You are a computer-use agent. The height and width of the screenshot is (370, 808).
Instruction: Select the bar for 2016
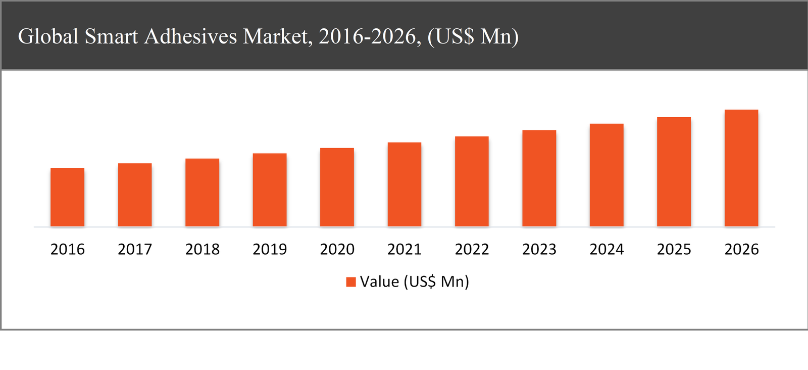coord(67,197)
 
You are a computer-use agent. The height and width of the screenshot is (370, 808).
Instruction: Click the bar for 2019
coord(270,190)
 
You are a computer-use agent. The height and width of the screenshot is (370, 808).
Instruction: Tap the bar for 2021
coord(405,184)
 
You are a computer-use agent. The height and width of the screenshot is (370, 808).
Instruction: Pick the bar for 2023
coord(539,178)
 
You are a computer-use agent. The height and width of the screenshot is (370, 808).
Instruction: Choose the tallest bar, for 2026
coord(741,168)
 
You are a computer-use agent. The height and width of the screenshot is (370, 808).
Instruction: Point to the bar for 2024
coord(607,175)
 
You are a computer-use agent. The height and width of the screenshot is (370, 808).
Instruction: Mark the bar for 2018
coord(202,193)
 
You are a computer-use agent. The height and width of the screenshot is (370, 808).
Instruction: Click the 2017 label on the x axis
coord(135,249)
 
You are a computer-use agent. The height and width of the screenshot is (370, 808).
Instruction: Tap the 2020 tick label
coord(337,249)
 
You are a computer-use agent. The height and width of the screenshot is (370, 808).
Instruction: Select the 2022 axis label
coord(472,249)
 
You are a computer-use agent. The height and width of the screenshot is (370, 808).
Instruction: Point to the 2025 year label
coord(674,249)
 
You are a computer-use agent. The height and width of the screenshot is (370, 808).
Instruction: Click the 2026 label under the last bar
coord(741,249)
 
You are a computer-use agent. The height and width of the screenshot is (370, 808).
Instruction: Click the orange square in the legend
coord(351,282)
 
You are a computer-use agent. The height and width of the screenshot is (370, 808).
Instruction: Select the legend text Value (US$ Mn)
coord(415,282)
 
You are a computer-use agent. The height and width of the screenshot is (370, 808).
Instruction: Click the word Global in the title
coord(48,36)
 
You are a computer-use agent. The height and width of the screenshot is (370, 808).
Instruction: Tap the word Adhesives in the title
coord(190,36)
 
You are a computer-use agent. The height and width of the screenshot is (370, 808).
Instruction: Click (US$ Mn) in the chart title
coord(473,36)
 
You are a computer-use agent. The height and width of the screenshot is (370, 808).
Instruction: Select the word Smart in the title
coord(111,36)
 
